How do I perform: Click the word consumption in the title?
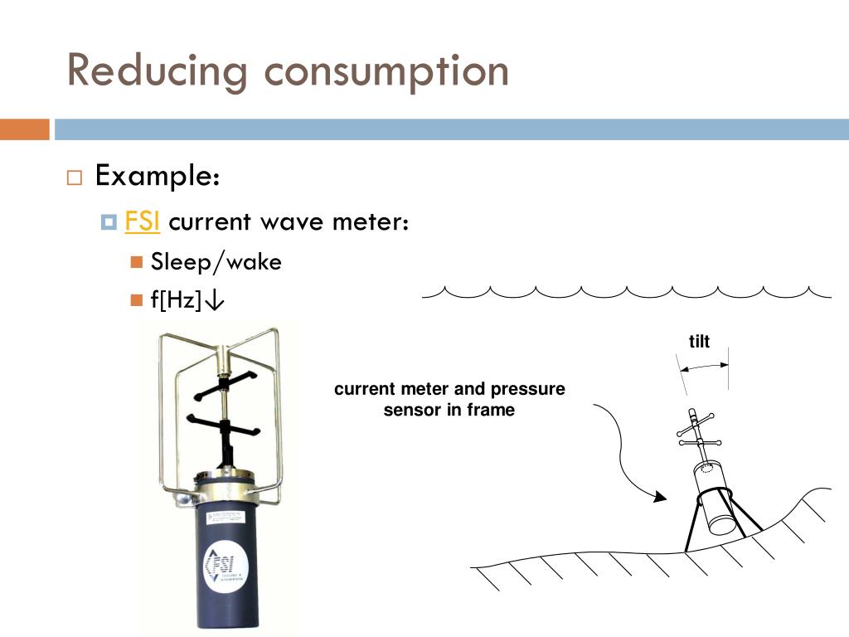pyautogui.click(x=386, y=71)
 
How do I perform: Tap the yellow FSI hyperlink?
pyautogui.click(x=142, y=222)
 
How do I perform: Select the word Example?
pyautogui.click(x=158, y=176)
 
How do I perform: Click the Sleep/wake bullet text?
pyautogui.click(x=216, y=263)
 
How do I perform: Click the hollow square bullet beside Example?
pyautogui.click(x=75, y=177)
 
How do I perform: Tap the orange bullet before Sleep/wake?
pyautogui.click(x=138, y=263)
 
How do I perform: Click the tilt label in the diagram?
pyautogui.click(x=700, y=342)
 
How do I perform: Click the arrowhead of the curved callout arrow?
pyautogui.click(x=660, y=498)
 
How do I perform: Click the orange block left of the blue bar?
pyautogui.click(x=24, y=129)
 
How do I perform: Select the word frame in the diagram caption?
pyautogui.click(x=492, y=411)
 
